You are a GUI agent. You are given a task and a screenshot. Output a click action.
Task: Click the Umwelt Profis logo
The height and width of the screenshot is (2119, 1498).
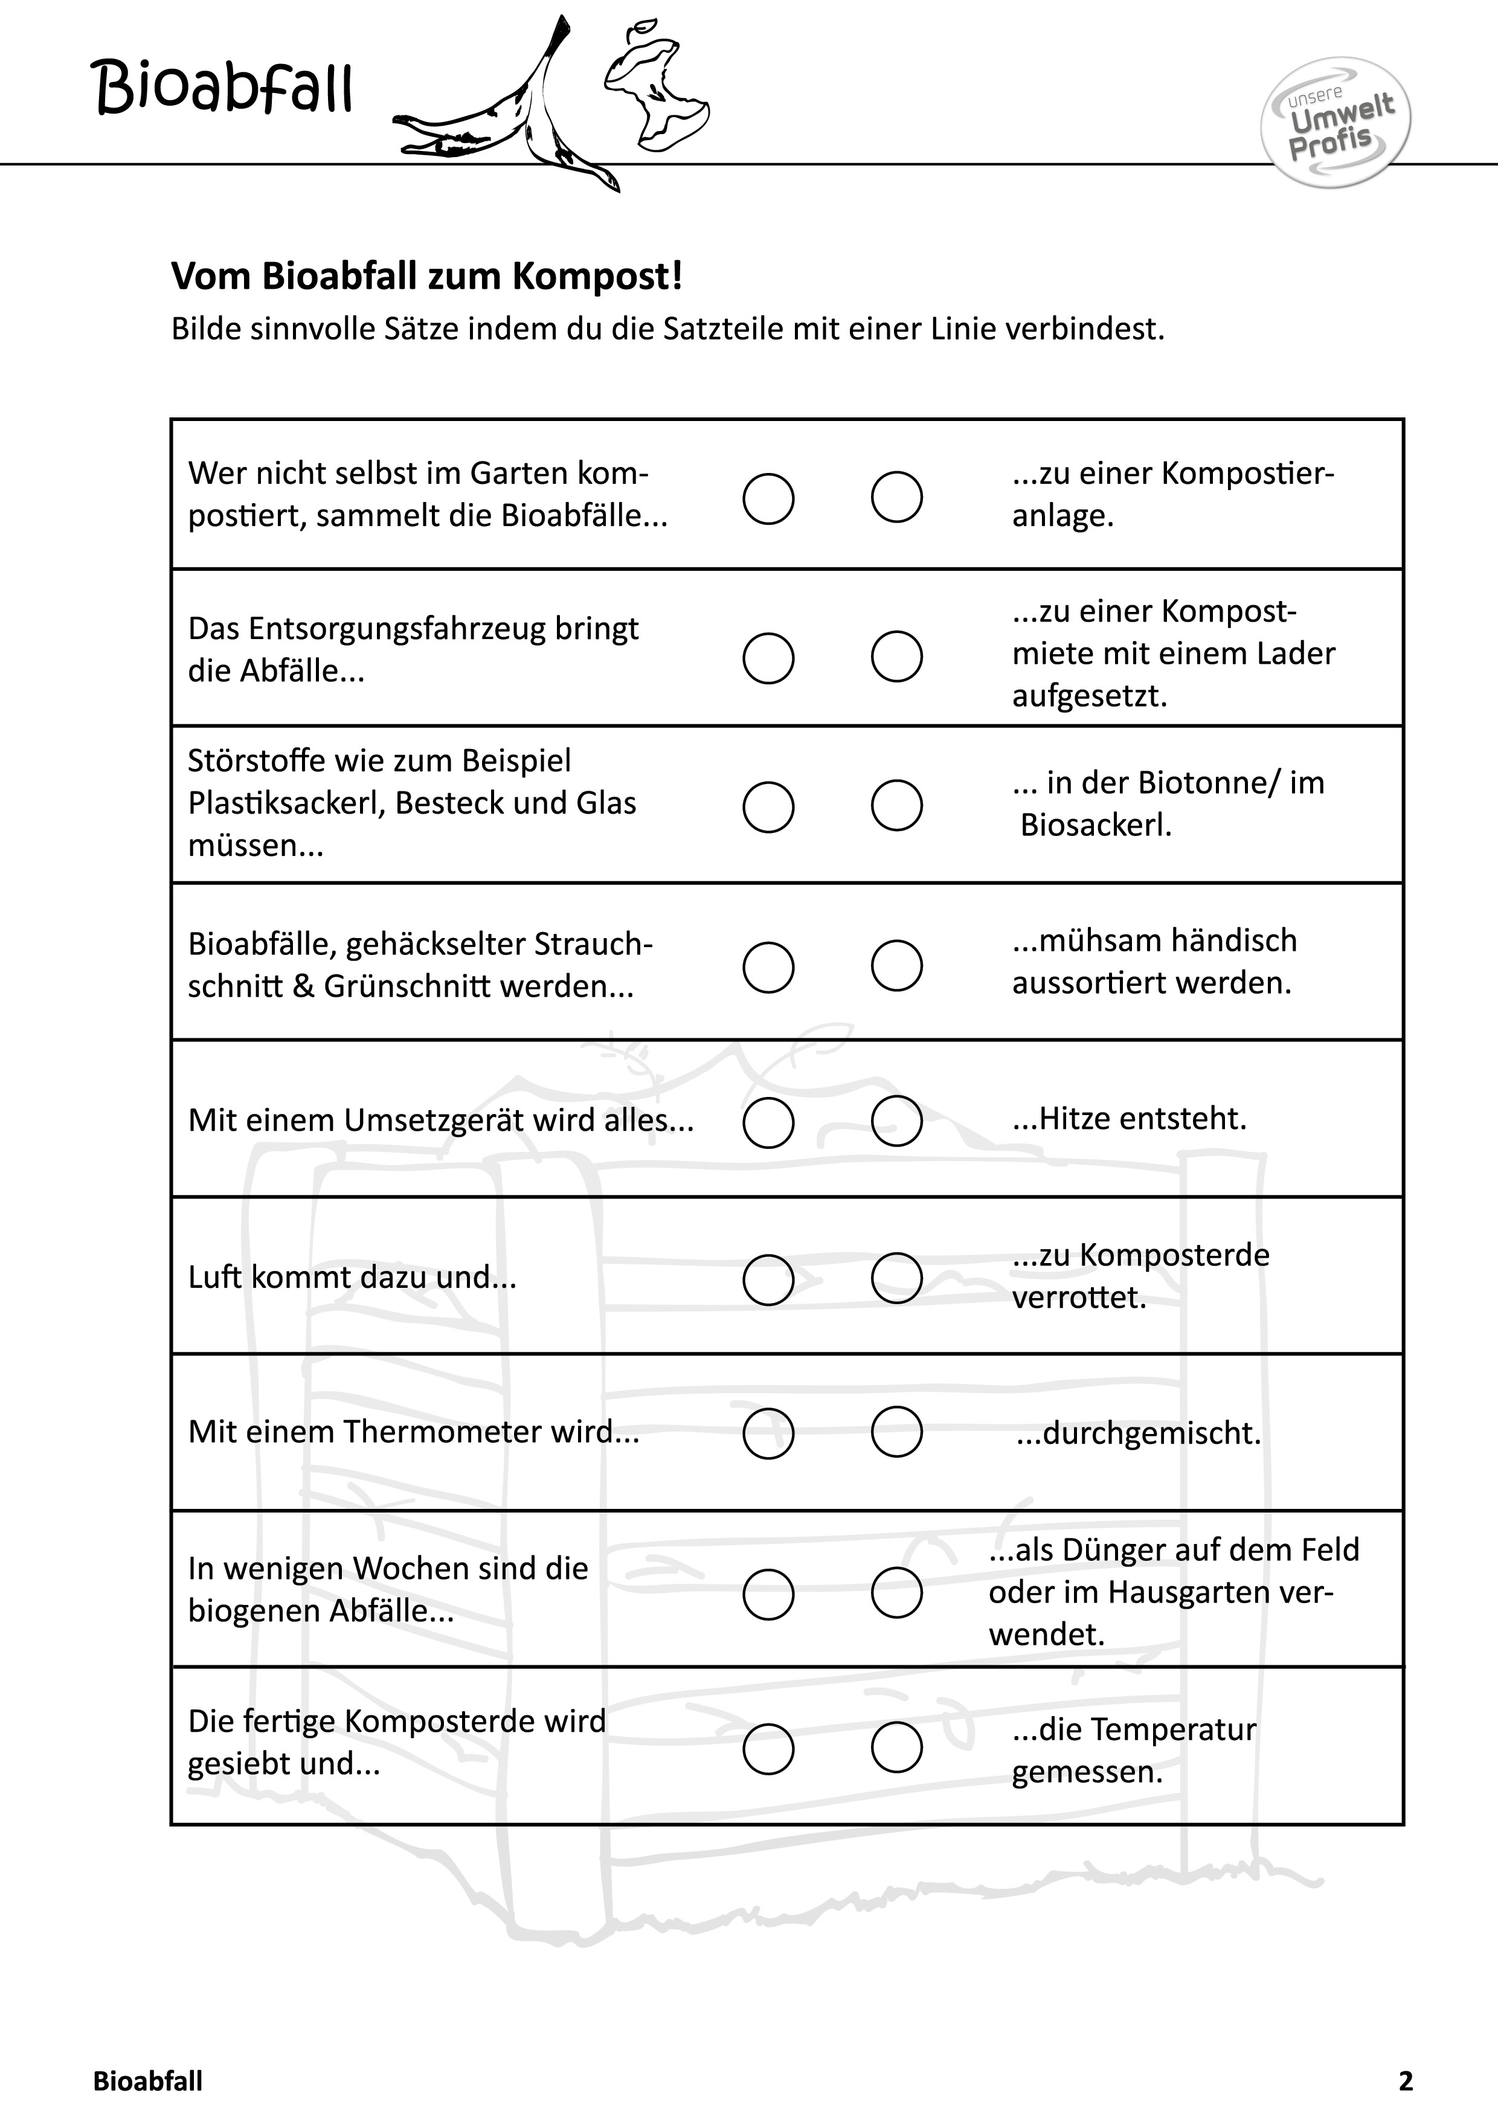(x=1335, y=123)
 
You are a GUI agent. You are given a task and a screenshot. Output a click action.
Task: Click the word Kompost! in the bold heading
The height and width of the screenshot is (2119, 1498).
(x=597, y=276)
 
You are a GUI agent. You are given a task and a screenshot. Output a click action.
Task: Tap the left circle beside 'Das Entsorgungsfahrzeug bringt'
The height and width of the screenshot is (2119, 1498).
(x=768, y=658)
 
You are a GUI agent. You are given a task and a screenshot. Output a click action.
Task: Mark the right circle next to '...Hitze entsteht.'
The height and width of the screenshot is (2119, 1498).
(x=896, y=1121)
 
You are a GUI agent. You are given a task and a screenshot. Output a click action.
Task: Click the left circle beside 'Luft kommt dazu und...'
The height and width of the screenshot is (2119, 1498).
(x=768, y=1279)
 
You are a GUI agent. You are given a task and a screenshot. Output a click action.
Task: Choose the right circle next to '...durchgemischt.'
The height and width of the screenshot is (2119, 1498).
(x=896, y=1432)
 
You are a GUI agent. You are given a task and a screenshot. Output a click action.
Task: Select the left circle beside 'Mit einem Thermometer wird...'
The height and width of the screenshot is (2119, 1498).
(x=768, y=1433)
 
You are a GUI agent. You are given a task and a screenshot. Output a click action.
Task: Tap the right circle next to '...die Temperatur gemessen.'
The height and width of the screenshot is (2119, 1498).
(x=896, y=1747)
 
